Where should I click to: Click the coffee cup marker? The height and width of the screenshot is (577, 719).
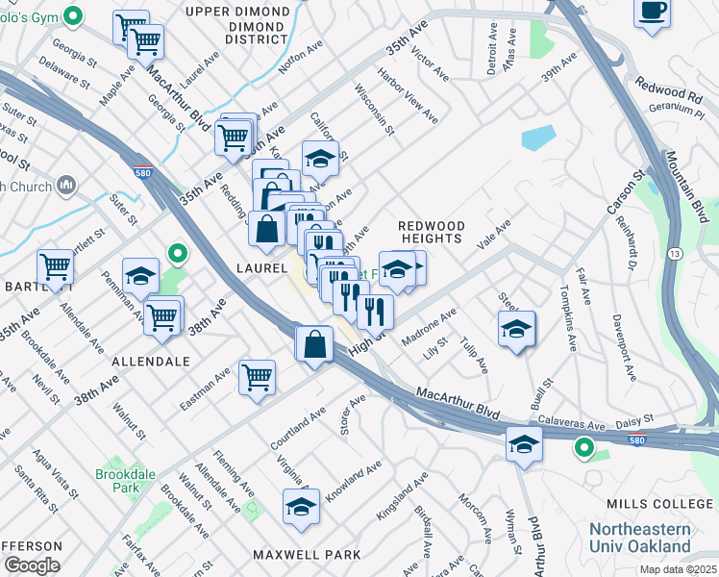652,13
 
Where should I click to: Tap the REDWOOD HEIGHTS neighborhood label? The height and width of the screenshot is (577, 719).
432,232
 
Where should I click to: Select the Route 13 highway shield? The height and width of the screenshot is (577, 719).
678,253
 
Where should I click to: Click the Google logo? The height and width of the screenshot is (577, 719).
32,564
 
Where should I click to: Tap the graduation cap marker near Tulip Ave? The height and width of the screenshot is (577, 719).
516,329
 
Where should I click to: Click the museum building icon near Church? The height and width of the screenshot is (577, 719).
67,184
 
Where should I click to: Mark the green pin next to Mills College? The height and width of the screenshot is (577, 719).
583,447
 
